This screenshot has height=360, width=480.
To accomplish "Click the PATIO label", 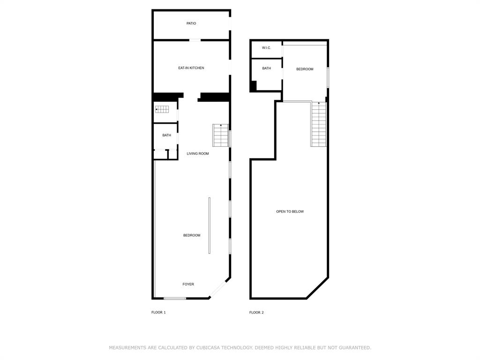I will point(191,23).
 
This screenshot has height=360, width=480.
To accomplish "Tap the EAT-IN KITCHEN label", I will point(191,68).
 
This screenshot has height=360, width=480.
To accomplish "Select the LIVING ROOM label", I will point(198,154).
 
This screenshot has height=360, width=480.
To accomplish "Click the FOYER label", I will point(188,285).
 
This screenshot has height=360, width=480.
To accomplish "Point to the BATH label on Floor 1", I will point(167,135).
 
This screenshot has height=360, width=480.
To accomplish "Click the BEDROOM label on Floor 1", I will point(192,235).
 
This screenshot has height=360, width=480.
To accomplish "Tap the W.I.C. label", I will point(266,48).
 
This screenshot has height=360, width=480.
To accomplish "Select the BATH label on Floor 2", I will point(266,68).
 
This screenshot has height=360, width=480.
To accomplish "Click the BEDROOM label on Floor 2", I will point(305,69).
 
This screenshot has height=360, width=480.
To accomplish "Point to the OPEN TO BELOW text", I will point(290,212).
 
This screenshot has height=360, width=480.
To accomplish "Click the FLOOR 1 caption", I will point(158,313).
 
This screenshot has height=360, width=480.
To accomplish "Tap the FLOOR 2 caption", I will point(256,313).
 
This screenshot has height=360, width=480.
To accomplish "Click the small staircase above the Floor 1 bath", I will point(162,109).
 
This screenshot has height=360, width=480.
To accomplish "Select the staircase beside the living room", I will point(220,135).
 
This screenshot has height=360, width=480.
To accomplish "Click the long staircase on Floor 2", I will point(319,124).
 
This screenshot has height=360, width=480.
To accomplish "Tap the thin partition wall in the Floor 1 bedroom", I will point(210,225).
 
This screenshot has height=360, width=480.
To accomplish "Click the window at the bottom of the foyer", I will point(175,298).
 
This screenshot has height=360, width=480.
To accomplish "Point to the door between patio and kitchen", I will point(195,40).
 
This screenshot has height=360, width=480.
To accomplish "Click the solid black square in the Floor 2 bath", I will point(253,86).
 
